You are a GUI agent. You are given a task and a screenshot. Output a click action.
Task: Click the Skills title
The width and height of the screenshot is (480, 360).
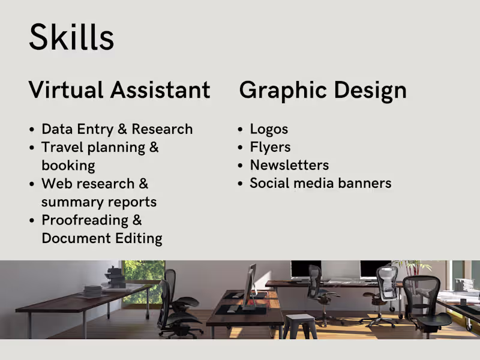tap(71, 37)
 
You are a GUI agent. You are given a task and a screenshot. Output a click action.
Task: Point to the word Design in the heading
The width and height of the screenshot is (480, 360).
tap(370, 90)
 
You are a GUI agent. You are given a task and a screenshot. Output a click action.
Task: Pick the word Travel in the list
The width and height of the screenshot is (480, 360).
tap(62, 148)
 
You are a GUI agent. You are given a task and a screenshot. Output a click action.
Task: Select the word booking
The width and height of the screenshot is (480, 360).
tap(68, 166)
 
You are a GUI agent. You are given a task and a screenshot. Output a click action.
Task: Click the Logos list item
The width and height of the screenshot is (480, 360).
tap(269, 129)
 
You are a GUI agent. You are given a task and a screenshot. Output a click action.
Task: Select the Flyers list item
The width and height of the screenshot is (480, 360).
tap(270, 147)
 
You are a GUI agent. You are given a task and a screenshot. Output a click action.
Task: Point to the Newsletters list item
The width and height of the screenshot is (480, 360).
tap(289, 165)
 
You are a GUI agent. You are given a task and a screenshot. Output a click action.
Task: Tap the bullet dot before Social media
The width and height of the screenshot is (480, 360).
tap(241, 184)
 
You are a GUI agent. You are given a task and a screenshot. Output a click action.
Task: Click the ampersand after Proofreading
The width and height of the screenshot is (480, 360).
tap(136, 220)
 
